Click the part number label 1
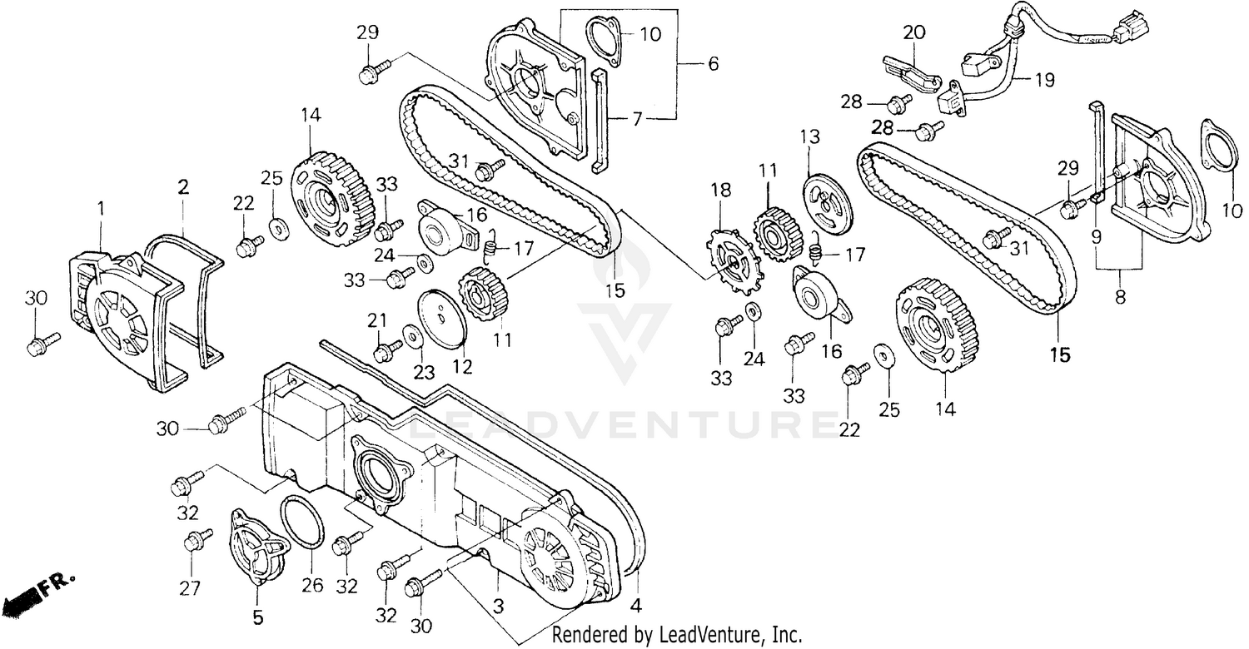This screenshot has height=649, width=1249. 101,208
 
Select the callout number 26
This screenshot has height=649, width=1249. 312,586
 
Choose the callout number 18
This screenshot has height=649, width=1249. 720,191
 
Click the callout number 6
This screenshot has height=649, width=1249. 713,64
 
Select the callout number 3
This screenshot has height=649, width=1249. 498,607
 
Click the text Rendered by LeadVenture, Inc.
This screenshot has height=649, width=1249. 677,636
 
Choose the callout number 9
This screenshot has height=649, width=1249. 1097,236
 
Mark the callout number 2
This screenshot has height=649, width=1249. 182,188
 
